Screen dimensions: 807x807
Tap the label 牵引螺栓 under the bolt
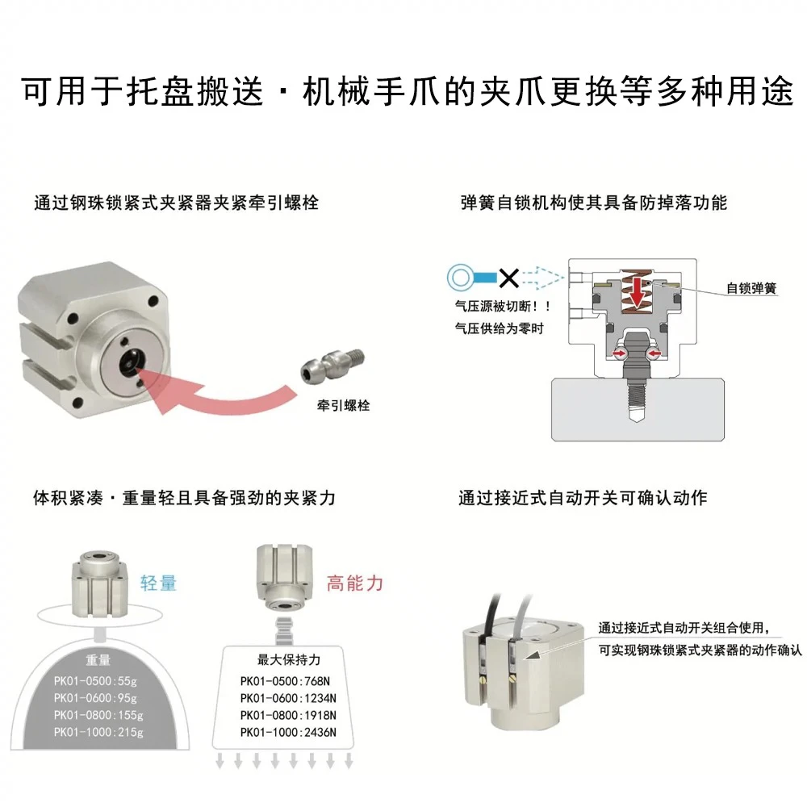point(343,406)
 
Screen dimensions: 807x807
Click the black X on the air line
point(509,278)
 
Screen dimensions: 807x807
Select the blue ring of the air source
point(460,278)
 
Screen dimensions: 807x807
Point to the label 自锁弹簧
point(751,288)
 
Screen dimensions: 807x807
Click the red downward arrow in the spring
point(638,293)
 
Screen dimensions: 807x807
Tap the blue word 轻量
point(158,583)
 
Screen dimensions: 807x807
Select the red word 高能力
point(355,583)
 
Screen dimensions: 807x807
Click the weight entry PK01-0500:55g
point(96,681)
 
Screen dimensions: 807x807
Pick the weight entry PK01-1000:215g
point(98,732)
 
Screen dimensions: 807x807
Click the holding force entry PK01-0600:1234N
point(288,698)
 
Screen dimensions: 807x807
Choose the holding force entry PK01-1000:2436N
point(288,733)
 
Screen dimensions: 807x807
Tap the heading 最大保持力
point(289,660)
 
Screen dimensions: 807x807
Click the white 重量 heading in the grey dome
point(98,660)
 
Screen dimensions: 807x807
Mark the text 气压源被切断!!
point(504,307)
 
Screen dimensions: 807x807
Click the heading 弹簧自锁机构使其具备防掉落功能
point(594,203)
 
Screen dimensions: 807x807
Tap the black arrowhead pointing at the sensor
point(533,654)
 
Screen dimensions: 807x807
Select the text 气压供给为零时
point(500,328)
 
